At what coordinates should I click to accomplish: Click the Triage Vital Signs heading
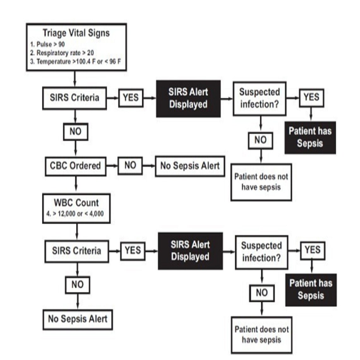(x=76, y=33)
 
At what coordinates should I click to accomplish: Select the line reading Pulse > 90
(x=47, y=44)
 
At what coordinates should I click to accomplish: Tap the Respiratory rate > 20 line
(x=62, y=53)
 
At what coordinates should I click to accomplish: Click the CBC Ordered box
(x=75, y=166)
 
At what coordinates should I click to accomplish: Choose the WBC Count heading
(x=76, y=203)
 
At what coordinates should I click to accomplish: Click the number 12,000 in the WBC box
(x=67, y=214)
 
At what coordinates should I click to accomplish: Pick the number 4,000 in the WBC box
(x=96, y=214)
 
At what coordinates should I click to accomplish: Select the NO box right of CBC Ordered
(x=130, y=165)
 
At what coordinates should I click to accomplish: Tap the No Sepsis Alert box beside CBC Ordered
(x=190, y=166)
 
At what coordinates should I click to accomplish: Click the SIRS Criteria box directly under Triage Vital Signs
(x=75, y=98)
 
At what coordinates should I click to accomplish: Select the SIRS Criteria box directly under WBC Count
(x=77, y=251)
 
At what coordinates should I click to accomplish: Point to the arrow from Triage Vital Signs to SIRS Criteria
(x=75, y=79)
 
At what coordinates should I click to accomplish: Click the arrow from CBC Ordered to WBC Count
(x=76, y=185)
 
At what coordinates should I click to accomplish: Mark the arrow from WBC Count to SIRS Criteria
(x=77, y=232)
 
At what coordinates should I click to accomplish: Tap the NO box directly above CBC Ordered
(x=75, y=132)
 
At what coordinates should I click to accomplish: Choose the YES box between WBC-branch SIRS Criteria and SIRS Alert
(x=133, y=251)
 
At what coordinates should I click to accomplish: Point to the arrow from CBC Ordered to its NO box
(x=112, y=166)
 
